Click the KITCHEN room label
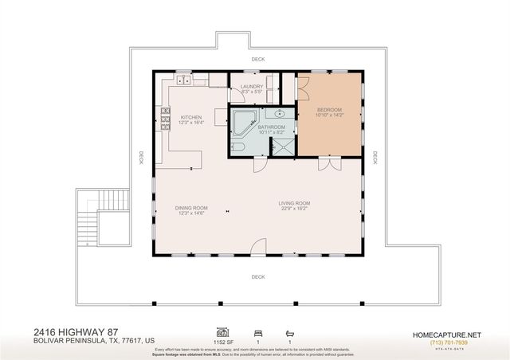[x=190, y=118]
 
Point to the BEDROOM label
[x=330, y=109]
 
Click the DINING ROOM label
[x=191, y=209]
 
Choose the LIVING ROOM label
[x=294, y=203]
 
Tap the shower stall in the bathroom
[x=283, y=146]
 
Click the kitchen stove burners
[x=166, y=123]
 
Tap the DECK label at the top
[x=257, y=60]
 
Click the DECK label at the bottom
[x=257, y=276]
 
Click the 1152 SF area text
[x=225, y=339]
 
